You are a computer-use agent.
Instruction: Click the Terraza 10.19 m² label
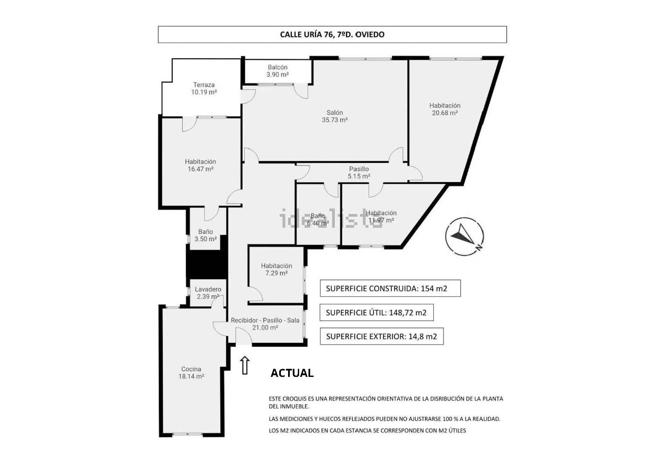pos(204,88)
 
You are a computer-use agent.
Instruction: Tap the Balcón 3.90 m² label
pos(277,71)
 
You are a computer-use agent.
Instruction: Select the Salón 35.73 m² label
pos(334,116)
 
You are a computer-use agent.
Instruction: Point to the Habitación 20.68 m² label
pos(445,109)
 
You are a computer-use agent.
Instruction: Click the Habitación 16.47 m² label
pos(201,165)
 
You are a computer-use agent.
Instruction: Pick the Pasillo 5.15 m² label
pos(359,173)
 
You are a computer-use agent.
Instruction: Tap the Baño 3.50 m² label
pos(205,235)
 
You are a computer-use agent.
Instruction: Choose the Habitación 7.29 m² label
pos(276,269)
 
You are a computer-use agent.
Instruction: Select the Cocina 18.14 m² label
pos(191,372)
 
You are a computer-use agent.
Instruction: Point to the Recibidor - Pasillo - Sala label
pos(265,320)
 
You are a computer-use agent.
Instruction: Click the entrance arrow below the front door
pos(245,365)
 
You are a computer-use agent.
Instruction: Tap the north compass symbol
pos(464,237)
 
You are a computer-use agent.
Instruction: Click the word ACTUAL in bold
pos(292,373)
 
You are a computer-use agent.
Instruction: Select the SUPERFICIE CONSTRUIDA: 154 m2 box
pos(390,288)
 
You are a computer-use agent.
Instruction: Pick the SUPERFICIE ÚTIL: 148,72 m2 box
pos(376,312)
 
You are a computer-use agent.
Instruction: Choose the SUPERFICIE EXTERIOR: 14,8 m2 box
pos(382,337)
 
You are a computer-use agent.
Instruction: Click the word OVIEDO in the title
pos(370,34)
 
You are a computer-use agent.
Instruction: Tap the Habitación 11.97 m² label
pos(381,216)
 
